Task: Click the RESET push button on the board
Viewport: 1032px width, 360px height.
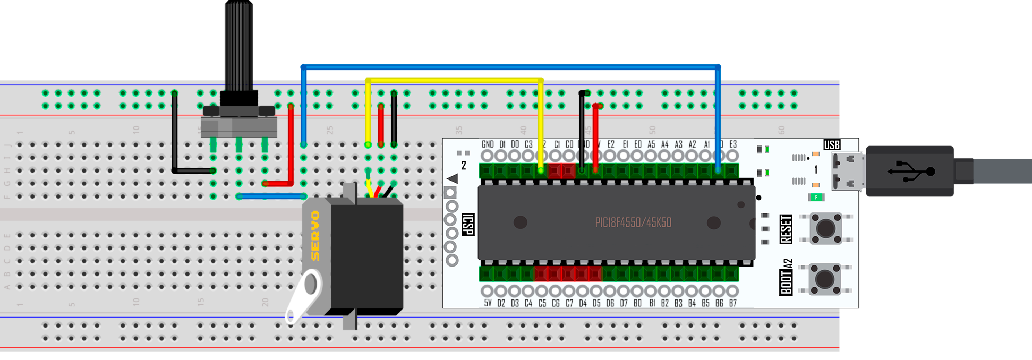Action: coord(825,228)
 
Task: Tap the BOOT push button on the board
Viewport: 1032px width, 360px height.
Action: coord(824,278)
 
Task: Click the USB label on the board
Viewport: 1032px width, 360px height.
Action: coord(832,145)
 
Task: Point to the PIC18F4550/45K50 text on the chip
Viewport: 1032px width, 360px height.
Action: coord(633,222)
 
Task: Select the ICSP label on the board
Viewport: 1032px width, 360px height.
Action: coord(468,225)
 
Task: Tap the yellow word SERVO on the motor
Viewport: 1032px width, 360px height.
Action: coord(315,235)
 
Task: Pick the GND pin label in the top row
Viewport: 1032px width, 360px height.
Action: coord(488,144)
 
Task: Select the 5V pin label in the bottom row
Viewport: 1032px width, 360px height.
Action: coord(488,303)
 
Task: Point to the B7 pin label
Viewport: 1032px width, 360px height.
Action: coord(733,303)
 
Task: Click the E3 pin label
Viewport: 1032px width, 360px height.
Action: coord(733,144)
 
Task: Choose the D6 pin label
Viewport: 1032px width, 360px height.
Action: coord(610,303)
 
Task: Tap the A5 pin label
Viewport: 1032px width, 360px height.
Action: coord(651,144)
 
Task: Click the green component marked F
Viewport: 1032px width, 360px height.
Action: coord(816,198)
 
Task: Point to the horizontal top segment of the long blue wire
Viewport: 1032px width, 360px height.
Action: coord(510,67)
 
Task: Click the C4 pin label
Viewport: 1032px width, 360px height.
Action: coord(528,303)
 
